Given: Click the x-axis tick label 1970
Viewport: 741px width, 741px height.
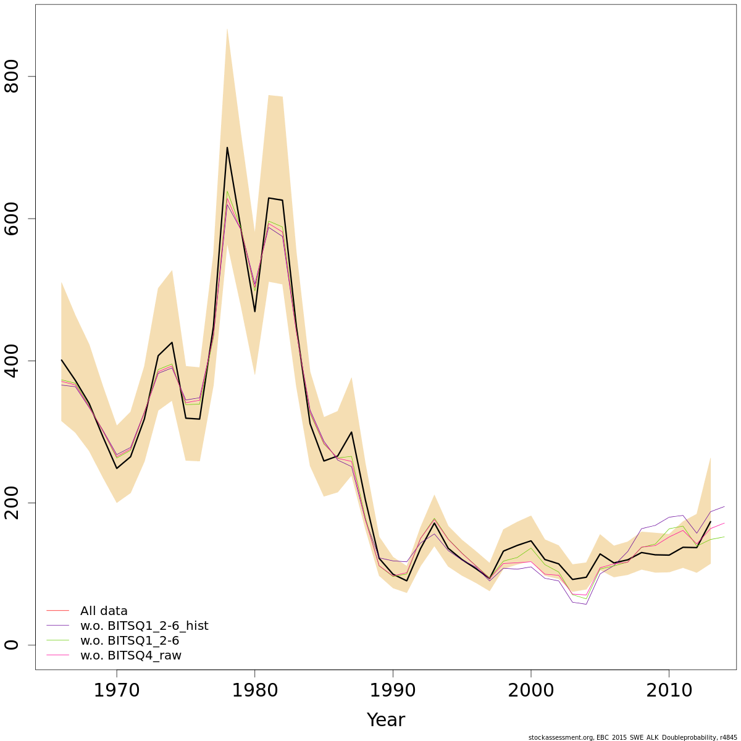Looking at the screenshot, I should [117, 690].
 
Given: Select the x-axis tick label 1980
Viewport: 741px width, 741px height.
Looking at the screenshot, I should [254, 690].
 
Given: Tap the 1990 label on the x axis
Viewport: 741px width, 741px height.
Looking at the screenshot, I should [393, 690].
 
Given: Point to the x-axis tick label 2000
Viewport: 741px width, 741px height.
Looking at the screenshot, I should [531, 690].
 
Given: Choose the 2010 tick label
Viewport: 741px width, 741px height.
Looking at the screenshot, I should [669, 690].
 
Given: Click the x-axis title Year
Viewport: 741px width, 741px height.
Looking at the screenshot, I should [385, 720].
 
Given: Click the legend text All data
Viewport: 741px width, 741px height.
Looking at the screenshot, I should [104, 611].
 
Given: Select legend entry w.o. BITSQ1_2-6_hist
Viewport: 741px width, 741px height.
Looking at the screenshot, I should [144, 626].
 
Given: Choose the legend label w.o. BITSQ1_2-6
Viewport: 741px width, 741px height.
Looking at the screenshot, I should [130, 641].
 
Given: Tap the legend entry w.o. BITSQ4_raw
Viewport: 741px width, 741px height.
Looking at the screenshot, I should [131, 656].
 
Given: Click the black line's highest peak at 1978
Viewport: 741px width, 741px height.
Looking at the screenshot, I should [227, 148].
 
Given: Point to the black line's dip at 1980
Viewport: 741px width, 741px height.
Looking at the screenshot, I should [254, 311].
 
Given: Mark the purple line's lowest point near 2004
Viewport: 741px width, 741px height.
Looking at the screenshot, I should [586, 604].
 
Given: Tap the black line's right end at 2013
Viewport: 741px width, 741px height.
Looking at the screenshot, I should [711, 522].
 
